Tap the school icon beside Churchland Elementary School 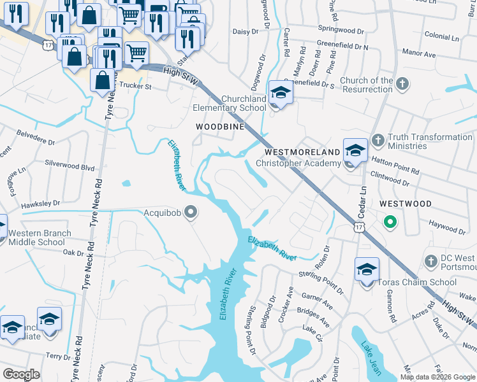279,93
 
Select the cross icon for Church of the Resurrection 402,84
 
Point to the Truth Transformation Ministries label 430,141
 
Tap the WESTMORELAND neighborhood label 302,153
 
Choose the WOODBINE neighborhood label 220,127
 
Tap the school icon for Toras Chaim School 367,270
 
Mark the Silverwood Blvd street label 70,166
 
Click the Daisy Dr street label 246,31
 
